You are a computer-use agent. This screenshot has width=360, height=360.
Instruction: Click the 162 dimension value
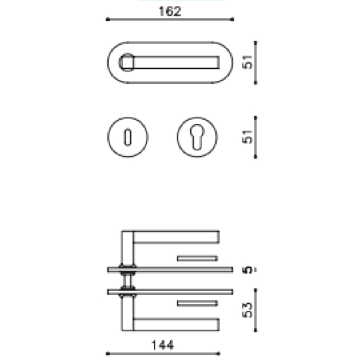(x=170, y=11)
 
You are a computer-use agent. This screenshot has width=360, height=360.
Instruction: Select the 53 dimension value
(x=248, y=309)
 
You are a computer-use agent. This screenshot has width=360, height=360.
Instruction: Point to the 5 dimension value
(x=248, y=270)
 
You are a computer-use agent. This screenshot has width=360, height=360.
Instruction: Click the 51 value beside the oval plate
(x=248, y=62)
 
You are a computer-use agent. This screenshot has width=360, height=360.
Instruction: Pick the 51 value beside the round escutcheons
(x=248, y=136)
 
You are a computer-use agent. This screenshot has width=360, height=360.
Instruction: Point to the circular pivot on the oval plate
(x=126, y=62)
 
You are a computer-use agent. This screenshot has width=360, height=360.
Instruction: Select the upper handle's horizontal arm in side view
(x=177, y=237)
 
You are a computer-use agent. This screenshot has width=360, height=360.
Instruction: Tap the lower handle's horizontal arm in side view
(x=177, y=324)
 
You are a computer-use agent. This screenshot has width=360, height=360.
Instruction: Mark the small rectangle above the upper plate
(x=197, y=258)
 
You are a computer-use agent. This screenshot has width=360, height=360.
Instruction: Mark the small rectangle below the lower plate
(x=197, y=303)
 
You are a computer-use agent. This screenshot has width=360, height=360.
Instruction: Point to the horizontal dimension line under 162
(x=170, y=20)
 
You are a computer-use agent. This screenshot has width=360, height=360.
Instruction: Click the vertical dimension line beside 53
(x=255, y=309)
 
